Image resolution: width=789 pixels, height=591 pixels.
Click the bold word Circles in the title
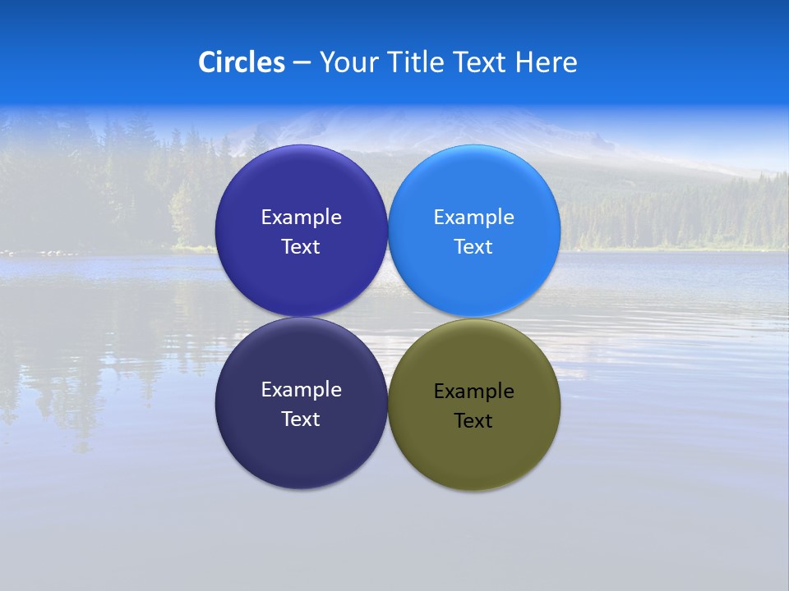pyautogui.click(x=242, y=62)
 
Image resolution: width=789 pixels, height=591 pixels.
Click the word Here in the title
pyautogui.click(x=547, y=62)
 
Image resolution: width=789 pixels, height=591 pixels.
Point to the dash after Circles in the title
pyautogui.click(x=302, y=63)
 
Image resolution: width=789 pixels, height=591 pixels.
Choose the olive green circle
pyautogui.click(x=474, y=451)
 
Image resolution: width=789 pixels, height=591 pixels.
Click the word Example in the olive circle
pyautogui.click(x=474, y=392)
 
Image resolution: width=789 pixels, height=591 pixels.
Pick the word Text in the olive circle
pyautogui.click(x=473, y=421)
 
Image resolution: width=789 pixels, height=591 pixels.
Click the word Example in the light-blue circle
pyautogui.click(x=474, y=218)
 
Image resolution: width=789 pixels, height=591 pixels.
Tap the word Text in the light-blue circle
pyautogui.click(x=473, y=247)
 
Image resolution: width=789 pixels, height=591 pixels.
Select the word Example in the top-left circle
pyautogui.click(x=301, y=218)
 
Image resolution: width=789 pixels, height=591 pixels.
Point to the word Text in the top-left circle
pyautogui.click(x=301, y=247)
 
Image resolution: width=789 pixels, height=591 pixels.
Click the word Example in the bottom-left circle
pyautogui.click(x=301, y=390)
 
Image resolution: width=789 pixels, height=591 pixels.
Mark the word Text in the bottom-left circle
pyautogui.click(x=301, y=419)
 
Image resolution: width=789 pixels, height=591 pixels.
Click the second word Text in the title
pyautogui.click(x=482, y=62)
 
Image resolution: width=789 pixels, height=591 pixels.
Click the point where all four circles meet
pyautogui.click(x=388, y=318)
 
